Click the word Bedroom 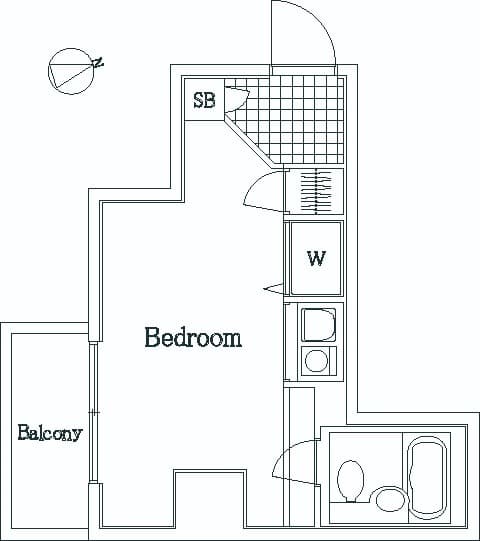click(x=193, y=337)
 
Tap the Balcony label click(x=50, y=433)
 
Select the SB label click(x=204, y=100)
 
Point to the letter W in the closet click(x=316, y=258)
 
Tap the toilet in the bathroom click(x=351, y=482)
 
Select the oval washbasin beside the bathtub click(x=391, y=500)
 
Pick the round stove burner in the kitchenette click(x=316, y=361)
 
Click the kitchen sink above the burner click(x=319, y=325)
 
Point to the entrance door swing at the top click(x=303, y=33)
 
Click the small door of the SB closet click(x=237, y=99)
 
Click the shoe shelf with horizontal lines click(x=316, y=191)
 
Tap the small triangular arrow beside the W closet click(x=274, y=288)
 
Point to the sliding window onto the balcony click(x=92, y=412)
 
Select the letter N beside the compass click(x=98, y=63)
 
